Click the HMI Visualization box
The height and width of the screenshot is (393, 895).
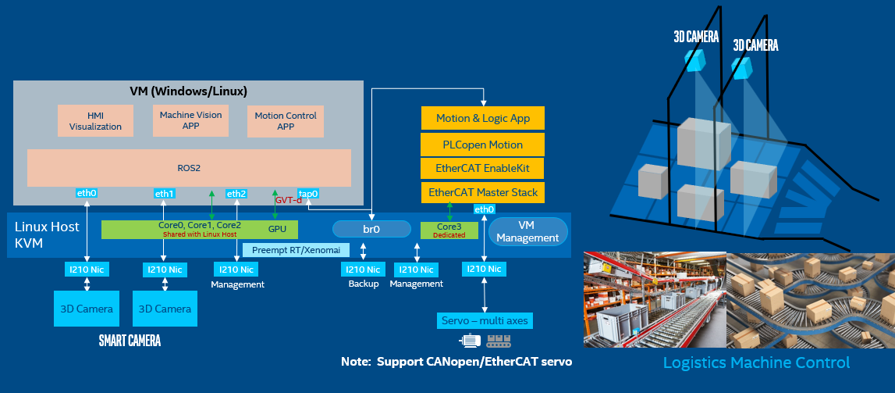(x=95, y=121)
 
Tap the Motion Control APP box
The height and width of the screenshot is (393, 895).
(x=286, y=121)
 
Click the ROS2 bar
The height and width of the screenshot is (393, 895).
(x=189, y=167)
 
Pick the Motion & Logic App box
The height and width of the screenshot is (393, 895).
(x=482, y=119)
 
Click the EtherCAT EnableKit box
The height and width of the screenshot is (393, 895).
(x=482, y=168)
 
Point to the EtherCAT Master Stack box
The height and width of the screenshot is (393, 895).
(x=482, y=192)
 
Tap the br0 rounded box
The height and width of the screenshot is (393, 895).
(x=371, y=229)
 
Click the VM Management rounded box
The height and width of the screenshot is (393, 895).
(x=527, y=232)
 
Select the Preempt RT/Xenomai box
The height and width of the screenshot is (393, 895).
(x=285, y=250)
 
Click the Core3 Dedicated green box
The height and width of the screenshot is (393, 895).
(x=449, y=230)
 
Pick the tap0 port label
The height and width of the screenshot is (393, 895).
(x=309, y=193)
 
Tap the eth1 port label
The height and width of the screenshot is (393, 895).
(x=165, y=193)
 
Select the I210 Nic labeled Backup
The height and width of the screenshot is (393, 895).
(x=363, y=270)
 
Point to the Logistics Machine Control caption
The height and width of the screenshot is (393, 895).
(x=755, y=363)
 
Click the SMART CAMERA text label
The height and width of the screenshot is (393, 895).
(x=130, y=341)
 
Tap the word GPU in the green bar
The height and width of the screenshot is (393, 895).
(x=277, y=230)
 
